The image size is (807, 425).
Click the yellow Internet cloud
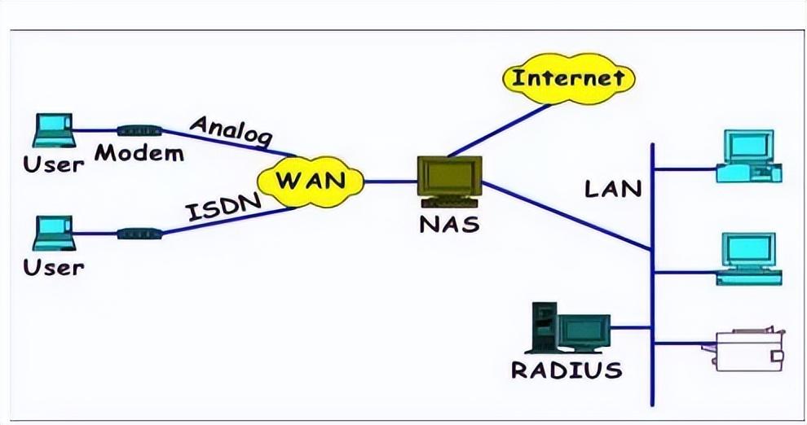(x=568, y=79)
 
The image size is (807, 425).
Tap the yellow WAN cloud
(x=311, y=182)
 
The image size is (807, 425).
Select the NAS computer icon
(x=450, y=182)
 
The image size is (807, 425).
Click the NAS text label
(x=449, y=225)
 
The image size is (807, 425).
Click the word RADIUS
(x=567, y=370)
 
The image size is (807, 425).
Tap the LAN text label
(x=613, y=189)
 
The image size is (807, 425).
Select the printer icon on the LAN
(x=744, y=348)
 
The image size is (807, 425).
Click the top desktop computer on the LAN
(x=749, y=156)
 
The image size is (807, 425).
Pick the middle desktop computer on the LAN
(x=749, y=259)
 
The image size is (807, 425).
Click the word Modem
(x=139, y=153)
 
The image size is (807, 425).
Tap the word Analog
(x=231, y=130)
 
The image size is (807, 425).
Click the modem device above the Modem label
(x=139, y=130)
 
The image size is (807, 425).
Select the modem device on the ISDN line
(x=139, y=234)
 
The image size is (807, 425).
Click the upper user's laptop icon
(x=54, y=130)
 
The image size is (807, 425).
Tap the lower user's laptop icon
(x=54, y=234)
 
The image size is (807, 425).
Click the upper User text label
(x=54, y=164)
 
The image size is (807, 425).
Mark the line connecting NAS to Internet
(x=499, y=130)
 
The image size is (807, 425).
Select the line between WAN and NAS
(x=390, y=182)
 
